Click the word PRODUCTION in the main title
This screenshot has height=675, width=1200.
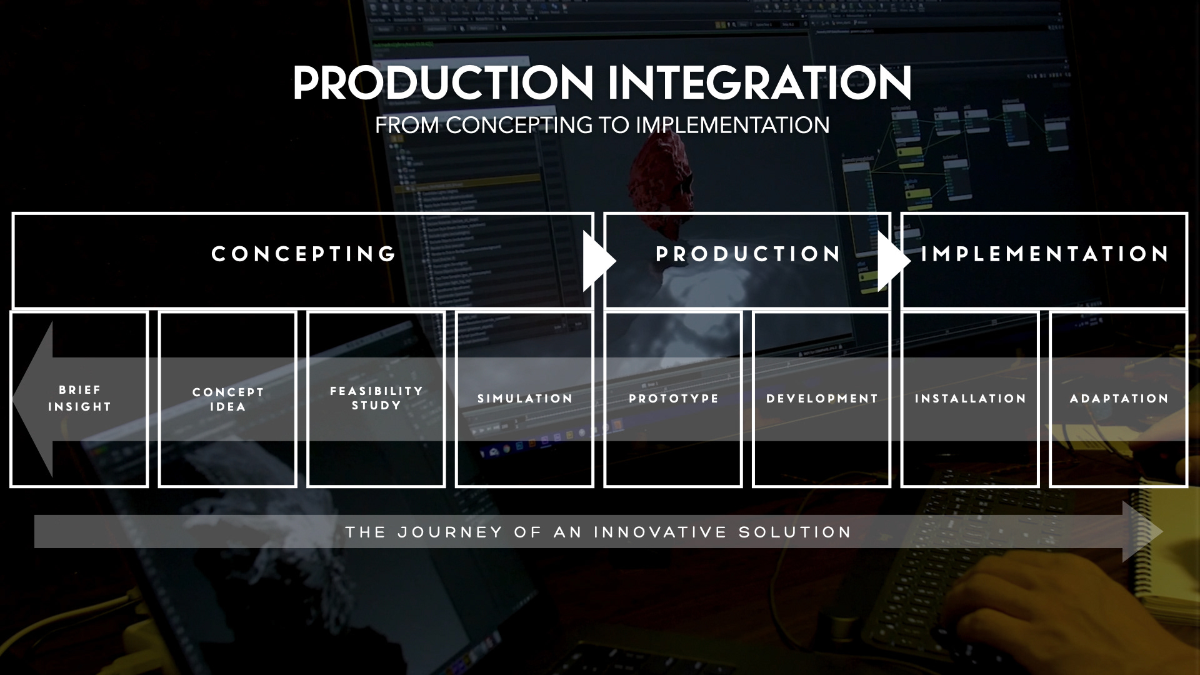(443, 83)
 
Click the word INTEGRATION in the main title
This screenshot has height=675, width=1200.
(759, 83)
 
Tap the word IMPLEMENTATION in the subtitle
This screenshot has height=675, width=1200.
(732, 126)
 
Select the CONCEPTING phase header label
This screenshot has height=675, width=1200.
(304, 254)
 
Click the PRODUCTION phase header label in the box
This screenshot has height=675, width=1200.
(748, 254)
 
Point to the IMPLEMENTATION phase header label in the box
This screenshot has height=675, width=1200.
(1045, 254)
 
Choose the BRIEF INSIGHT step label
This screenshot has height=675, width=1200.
(80, 398)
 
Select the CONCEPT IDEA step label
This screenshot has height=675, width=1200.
(228, 399)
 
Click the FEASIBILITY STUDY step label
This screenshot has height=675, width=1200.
(376, 398)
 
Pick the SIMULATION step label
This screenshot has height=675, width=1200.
(525, 399)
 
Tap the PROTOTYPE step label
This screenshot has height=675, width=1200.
(674, 399)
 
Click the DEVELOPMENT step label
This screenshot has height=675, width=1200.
(822, 399)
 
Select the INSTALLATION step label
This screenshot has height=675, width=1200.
(971, 399)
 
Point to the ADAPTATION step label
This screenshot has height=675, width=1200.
(1119, 399)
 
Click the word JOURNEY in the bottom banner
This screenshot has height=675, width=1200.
(450, 532)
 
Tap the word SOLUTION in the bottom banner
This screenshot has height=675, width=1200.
(795, 532)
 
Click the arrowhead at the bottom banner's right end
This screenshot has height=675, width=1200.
(1141, 532)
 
